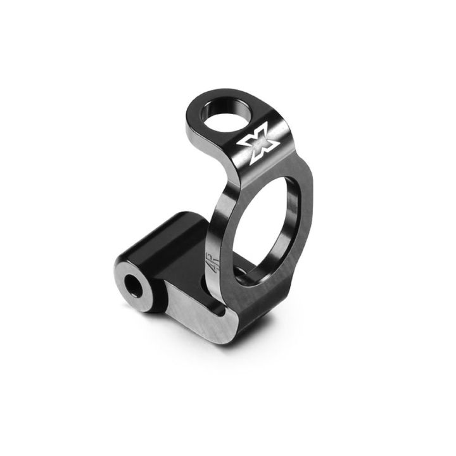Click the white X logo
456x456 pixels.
tap(258, 143)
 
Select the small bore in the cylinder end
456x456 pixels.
tap(135, 285)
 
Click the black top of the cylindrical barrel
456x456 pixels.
tap(168, 241)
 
